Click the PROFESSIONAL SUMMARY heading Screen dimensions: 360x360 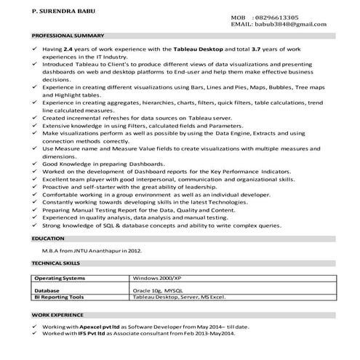coord(67,36)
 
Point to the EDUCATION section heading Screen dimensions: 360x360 coord(48,238)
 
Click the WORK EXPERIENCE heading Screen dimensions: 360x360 coord(57,316)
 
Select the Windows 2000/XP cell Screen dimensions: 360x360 coord(156,279)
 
